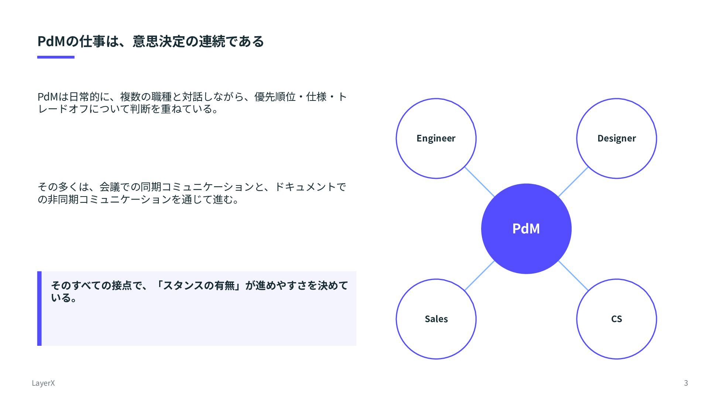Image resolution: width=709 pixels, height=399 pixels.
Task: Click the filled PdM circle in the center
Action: point(526,229)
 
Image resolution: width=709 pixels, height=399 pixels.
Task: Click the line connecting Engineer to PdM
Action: point(479,182)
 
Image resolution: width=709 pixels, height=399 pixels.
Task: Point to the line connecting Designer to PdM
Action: point(573,182)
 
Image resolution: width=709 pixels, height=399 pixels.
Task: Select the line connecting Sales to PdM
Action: point(479,276)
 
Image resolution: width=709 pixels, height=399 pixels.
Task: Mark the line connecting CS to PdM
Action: point(573,276)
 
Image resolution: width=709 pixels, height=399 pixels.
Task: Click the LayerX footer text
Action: point(43,383)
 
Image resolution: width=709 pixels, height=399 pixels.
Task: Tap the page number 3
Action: point(686,383)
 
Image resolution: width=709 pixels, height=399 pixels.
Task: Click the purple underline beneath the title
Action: point(56,57)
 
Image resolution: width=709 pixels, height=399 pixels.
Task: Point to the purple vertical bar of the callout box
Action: point(40,308)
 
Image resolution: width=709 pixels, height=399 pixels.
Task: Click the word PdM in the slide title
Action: point(51,41)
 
